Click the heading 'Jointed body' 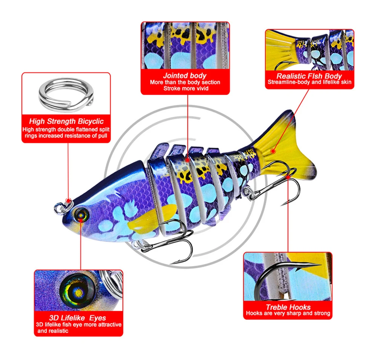tap(185, 76)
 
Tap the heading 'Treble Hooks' tap(288, 307)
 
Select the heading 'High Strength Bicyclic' tap(66, 121)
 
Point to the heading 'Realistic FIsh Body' tap(309, 76)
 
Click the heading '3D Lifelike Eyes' tap(77, 318)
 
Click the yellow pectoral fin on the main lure tap(152, 218)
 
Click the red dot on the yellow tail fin tap(273, 151)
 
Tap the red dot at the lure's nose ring tap(69, 201)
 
